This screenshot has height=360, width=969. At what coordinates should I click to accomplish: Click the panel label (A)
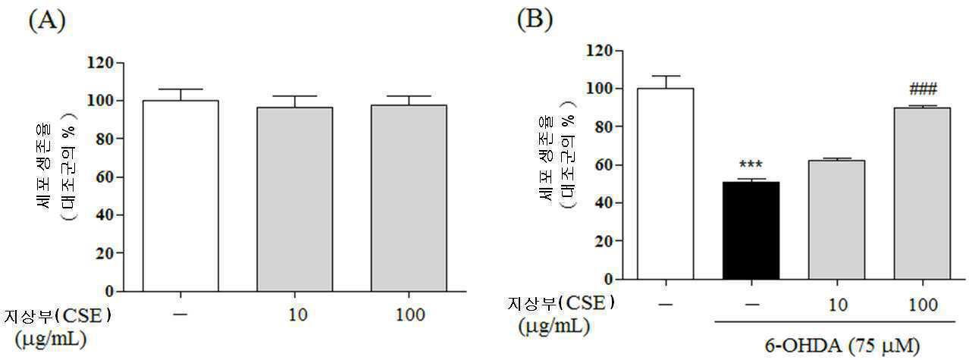(47, 20)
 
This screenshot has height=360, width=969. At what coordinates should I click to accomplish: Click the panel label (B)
(535, 20)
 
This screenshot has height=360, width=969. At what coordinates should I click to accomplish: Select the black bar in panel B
(751, 230)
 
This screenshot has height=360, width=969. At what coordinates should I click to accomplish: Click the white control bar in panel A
(180, 196)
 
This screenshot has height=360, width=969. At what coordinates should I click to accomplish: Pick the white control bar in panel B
(666, 183)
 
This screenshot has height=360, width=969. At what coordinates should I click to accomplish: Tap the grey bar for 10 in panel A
(295, 199)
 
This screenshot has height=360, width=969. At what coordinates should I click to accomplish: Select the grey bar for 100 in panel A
(409, 199)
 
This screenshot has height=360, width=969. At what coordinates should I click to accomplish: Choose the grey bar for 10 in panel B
(836, 220)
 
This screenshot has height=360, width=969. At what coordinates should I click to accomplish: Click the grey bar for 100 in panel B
(922, 193)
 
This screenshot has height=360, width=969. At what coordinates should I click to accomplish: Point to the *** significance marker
(751, 164)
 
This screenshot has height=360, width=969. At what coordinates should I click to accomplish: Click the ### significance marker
(924, 89)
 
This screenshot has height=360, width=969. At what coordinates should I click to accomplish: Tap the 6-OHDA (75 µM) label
(842, 346)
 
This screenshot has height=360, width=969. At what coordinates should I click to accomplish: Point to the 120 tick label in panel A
(100, 63)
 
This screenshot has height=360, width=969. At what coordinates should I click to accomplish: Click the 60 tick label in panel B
(604, 164)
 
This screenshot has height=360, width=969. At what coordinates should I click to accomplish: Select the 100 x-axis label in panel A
(410, 315)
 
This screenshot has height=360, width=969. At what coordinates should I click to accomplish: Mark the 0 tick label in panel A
(108, 291)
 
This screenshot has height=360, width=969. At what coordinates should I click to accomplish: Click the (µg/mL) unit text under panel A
(51, 340)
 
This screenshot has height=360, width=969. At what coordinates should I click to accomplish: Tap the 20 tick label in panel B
(604, 241)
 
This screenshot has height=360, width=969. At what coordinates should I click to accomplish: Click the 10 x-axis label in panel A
(298, 315)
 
